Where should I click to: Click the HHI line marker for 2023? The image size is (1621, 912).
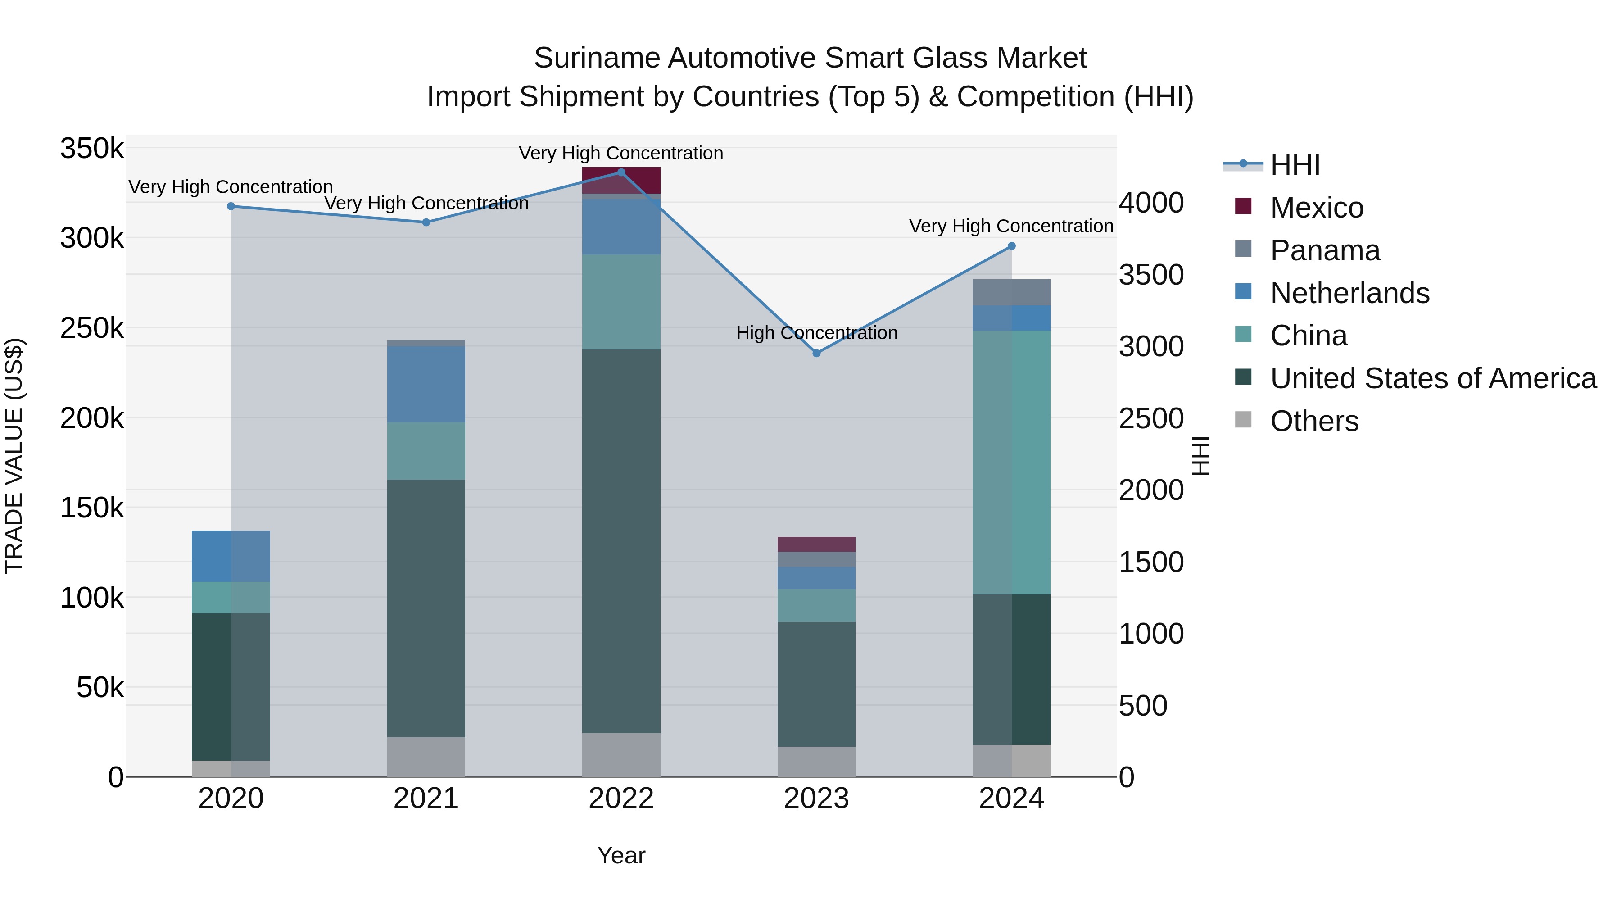coord(816,353)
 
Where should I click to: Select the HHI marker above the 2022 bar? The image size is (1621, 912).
coord(621,172)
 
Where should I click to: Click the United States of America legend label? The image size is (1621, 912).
coord(1433,378)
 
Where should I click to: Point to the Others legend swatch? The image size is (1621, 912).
coord(1243,420)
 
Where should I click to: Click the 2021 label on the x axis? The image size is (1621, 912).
coord(426,799)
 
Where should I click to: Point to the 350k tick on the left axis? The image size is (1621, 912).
coord(92,149)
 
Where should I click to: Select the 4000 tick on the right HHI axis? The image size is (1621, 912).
coord(1151,203)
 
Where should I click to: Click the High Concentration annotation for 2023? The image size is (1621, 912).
coord(816,332)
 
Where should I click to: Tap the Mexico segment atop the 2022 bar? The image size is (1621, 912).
coord(621,181)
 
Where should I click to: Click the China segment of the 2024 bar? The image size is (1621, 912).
coord(1011,463)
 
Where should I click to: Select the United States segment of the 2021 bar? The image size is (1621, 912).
coord(426,608)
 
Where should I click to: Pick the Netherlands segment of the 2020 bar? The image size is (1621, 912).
coord(231,556)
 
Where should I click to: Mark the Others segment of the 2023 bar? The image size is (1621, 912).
coord(816,762)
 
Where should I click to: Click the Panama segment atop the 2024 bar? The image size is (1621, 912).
coord(1011,292)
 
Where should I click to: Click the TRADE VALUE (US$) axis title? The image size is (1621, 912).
coord(14,456)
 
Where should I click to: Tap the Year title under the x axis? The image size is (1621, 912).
coord(621,855)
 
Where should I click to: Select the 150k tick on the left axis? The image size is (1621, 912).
coord(92,507)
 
